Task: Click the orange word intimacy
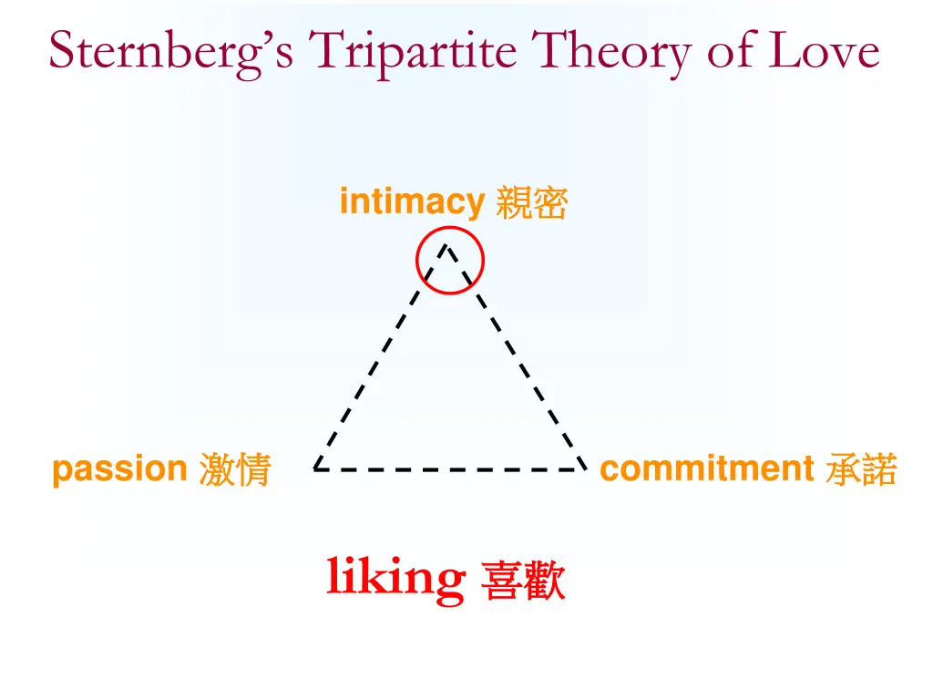click(x=411, y=201)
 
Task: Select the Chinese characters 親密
click(x=532, y=203)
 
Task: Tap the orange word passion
click(x=119, y=470)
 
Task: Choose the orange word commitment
click(x=706, y=469)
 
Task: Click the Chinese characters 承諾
click(x=861, y=470)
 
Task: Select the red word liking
click(x=395, y=577)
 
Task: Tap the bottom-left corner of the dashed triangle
click(x=315, y=469)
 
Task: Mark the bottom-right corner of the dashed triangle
click(x=583, y=469)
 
